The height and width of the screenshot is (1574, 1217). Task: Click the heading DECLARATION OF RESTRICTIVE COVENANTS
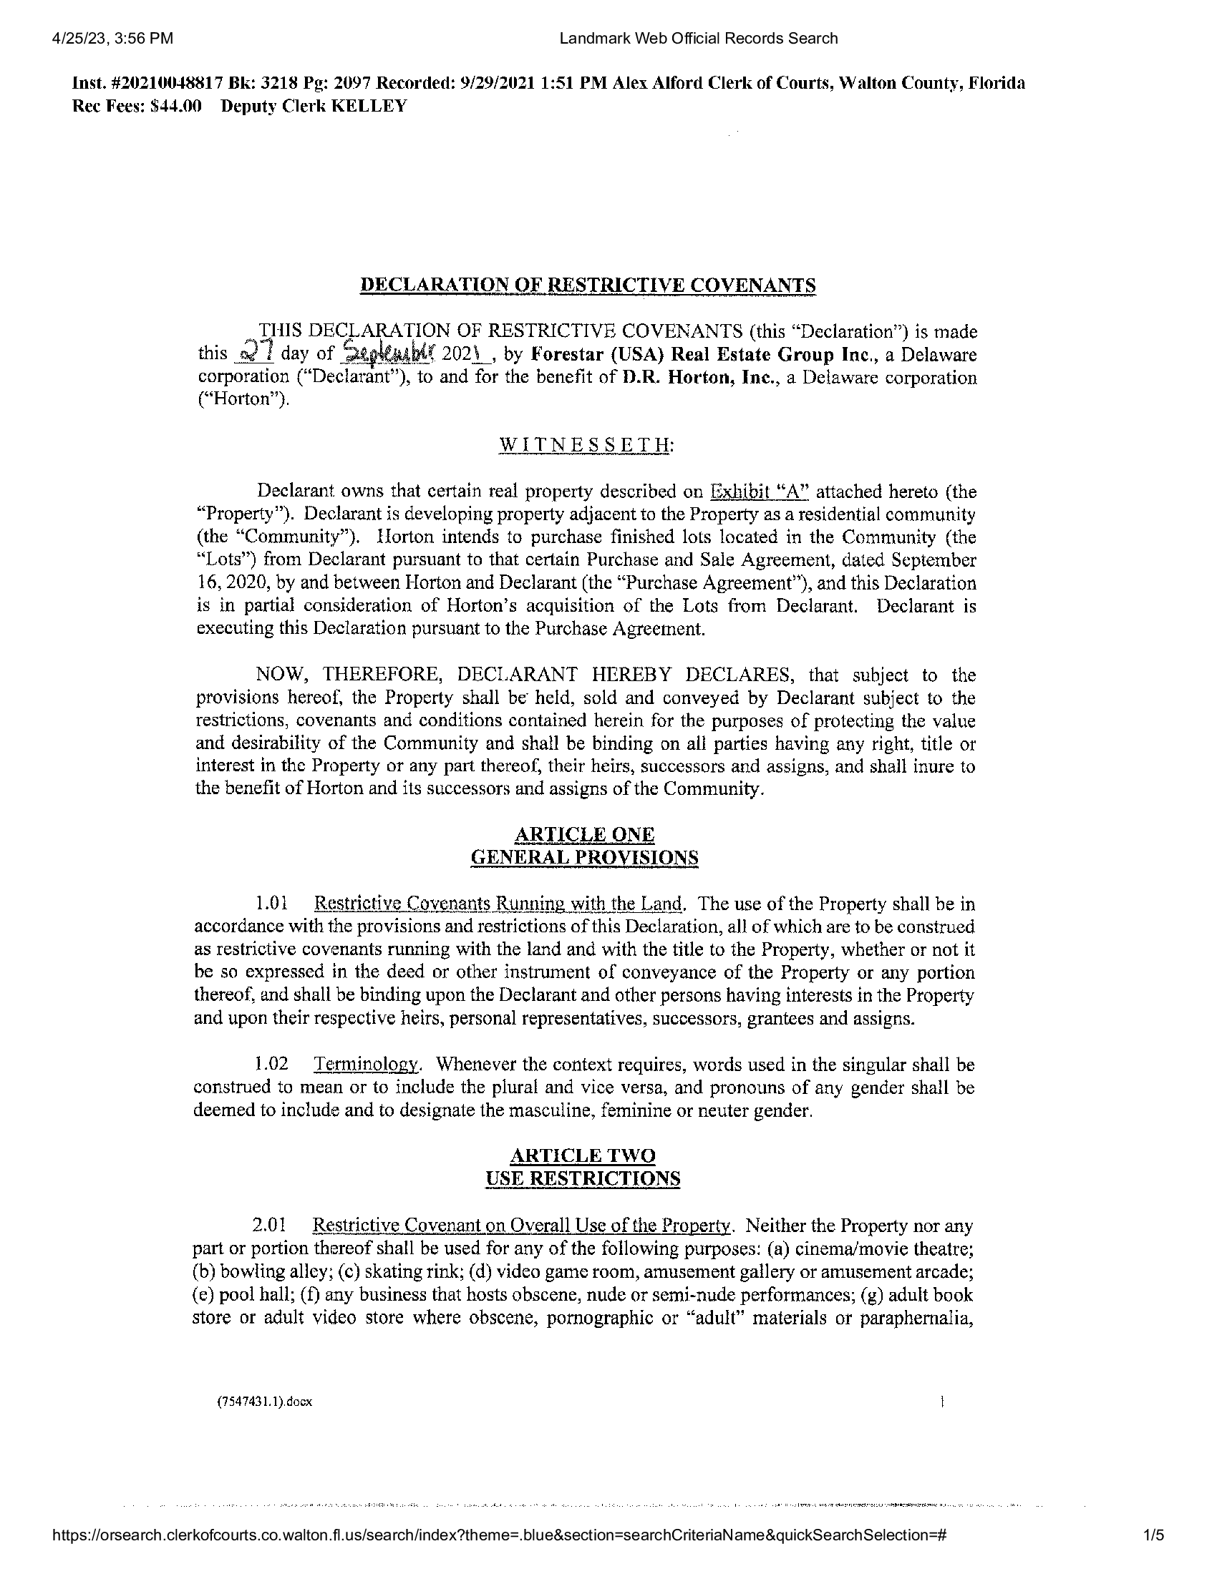(588, 285)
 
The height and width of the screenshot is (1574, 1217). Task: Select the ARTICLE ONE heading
(584, 834)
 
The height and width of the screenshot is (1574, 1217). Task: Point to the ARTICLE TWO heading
(583, 1155)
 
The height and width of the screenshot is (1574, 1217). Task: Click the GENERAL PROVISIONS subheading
(584, 858)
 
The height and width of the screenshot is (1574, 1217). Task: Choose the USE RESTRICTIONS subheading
(583, 1178)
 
